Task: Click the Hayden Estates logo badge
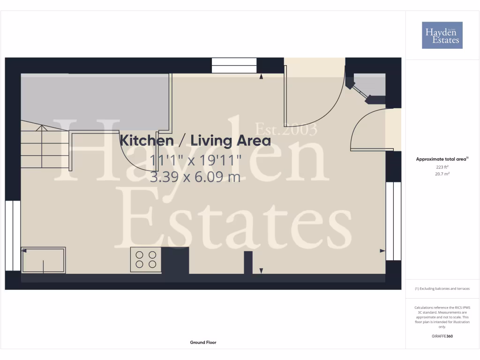coord(442,35)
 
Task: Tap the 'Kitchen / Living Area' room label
coord(195,140)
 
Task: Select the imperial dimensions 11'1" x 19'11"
coord(195,160)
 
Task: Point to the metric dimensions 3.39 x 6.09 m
coord(195,177)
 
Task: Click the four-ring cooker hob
coord(146,260)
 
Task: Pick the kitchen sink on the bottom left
coord(43,260)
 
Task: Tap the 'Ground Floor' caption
coord(203,343)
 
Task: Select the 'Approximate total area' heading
coord(442,159)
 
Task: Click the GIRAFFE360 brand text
coord(442,336)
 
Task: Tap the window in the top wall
coord(234,65)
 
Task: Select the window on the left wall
coord(13,235)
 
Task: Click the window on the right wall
coord(393,220)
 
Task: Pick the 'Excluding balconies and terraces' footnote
coord(442,289)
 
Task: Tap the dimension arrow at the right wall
coord(382,251)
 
